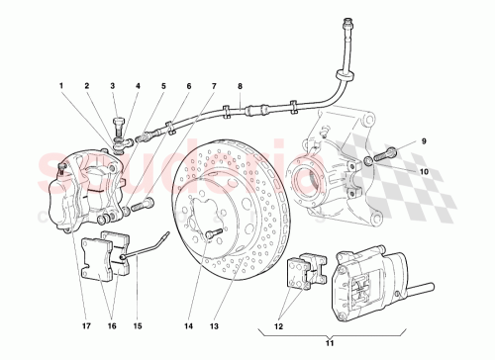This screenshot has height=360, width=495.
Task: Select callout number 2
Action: click(x=88, y=87)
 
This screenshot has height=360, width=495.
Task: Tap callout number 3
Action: click(x=113, y=87)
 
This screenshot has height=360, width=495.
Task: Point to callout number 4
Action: click(x=137, y=87)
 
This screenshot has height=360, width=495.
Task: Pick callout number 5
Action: click(x=163, y=87)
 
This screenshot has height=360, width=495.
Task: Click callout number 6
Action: click(x=188, y=87)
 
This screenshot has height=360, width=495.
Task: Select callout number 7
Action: click(x=213, y=87)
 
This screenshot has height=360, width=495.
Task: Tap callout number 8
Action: click(x=239, y=87)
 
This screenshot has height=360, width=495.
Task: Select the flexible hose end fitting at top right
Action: click(x=347, y=22)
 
